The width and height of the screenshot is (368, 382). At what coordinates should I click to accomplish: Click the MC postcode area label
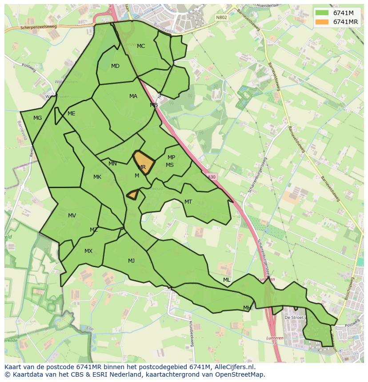tap(141, 46)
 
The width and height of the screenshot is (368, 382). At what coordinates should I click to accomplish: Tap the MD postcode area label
tap(115, 66)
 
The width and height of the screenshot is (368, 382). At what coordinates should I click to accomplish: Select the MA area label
tap(133, 96)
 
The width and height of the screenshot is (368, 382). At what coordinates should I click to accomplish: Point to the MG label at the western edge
tap(37, 118)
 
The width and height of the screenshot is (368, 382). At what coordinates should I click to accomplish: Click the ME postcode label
tap(71, 114)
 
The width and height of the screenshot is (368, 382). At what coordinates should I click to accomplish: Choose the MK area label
tap(97, 177)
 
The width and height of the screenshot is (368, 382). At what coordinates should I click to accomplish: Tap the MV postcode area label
tap(72, 216)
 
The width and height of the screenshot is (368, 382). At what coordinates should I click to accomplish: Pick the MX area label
tap(88, 251)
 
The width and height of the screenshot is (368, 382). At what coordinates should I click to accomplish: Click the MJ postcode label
tap(131, 261)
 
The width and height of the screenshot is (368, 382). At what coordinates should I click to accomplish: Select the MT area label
tap(188, 202)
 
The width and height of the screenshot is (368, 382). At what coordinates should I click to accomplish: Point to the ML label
tap(227, 280)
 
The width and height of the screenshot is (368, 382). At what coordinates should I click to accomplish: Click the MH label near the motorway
tap(247, 308)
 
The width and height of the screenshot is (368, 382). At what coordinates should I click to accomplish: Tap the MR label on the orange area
tap(142, 167)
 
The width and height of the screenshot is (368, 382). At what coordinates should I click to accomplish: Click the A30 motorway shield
tap(212, 177)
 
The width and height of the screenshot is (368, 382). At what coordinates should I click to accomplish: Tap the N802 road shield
tap(221, 18)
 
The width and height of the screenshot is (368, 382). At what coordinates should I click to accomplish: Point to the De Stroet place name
tap(294, 318)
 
